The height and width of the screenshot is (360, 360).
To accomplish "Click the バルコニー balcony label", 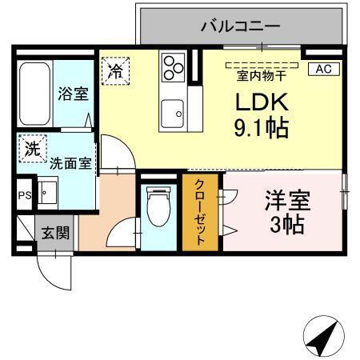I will [240, 26].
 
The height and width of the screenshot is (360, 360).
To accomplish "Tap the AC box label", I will [322, 69].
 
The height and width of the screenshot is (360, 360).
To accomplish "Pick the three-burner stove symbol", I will [172, 67].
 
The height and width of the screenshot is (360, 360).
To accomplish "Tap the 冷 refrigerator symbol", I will [115, 70].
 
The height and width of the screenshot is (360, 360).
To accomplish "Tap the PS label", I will [23, 194].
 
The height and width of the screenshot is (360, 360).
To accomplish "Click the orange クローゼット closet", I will [201, 212].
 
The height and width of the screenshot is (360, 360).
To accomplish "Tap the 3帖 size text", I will [287, 225].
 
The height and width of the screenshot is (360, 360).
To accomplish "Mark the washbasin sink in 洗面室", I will [46, 193].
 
